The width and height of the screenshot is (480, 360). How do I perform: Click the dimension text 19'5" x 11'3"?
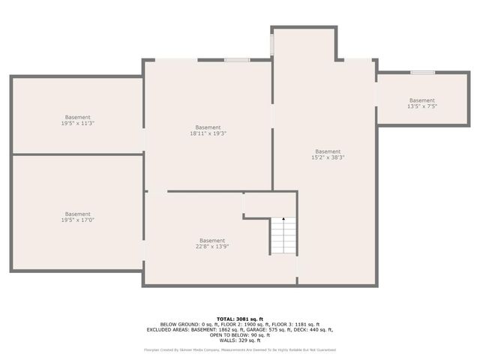pyautogui.click(x=77, y=124)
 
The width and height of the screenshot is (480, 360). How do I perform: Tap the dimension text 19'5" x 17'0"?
pyautogui.click(x=77, y=220)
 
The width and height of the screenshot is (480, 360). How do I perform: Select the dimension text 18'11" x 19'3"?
pyautogui.click(x=208, y=133)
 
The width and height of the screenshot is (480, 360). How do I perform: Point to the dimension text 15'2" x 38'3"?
pyautogui.click(x=328, y=157)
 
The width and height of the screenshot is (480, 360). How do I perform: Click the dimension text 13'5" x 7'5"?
pyautogui.click(x=421, y=106)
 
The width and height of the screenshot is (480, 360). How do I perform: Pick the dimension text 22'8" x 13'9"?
pyautogui.click(x=212, y=246)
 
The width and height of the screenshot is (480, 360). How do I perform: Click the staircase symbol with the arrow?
pyautogui.click(x=283, y=236)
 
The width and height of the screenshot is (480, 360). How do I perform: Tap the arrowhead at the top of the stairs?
pyautogui.click(x=283, y=220)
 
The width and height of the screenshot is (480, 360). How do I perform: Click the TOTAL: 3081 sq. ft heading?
pyautogui.click(x=239, y=318)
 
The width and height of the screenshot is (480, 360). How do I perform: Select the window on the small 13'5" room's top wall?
pyautogui.click(x=422, y=72)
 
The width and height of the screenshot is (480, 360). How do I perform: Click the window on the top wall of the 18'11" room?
pyautogui.click(x=237, y=60)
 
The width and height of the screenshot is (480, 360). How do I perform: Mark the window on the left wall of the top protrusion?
pyautogui.click(x=272, y=43)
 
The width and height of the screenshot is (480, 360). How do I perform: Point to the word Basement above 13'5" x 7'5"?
pyautogui.click(x=421, y=100)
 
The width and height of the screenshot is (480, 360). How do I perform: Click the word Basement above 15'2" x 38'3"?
pyautogui.click(x=328, y=151)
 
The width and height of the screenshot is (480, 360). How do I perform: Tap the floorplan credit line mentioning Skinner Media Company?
pyautogui.click(x=239, y=349)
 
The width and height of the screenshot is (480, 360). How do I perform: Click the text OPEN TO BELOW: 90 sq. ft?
pyautogui.click(x=239, y=334)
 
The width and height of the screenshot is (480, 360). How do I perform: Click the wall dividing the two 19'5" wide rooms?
pyautogui.click(x=77, y=154)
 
